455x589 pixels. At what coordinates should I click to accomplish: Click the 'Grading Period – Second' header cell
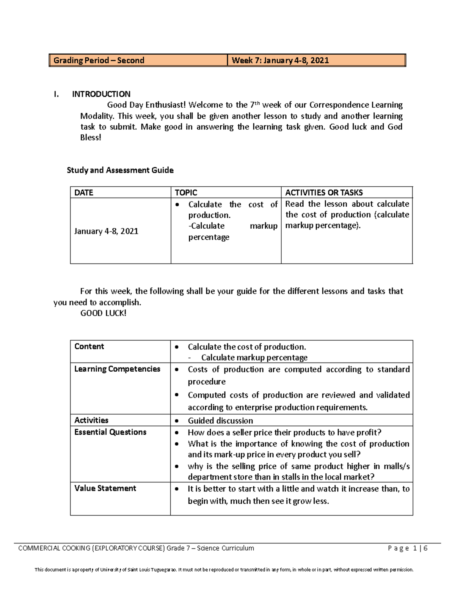pyautogui.click(x=99, y=60)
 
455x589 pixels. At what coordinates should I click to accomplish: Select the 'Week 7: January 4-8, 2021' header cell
pyautogui.click(x=280, y=60)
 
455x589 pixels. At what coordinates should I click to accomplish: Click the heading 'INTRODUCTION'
pyautogui.click(x=101, y=94)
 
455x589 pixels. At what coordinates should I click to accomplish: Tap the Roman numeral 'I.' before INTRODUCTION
pyautogui.click(x=56, y=94)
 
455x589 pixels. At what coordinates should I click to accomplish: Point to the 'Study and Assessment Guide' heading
pyautogui.click(x=120, y=170)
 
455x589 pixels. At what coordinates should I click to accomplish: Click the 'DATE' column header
pyautogui.click(x=84, y=193)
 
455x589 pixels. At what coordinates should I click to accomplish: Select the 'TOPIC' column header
pyautogui.click(x=186, y=193)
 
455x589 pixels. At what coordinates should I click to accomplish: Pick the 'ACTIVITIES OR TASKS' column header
pyautogui.click(x=324, y=193)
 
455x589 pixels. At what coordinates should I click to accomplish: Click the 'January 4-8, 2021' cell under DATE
pyautogui.click(x=106, y=231)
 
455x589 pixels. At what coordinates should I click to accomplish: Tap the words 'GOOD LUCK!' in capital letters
pyautogui.click(x=103, y=313)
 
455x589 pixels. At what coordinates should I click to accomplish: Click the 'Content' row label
pyautogui.click(x=89, y=346)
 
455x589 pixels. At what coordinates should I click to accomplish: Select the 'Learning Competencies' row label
pyautogui.click(x=117, y=369)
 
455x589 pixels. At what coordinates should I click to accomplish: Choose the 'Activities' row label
pyautogui.click(x=91, y=420)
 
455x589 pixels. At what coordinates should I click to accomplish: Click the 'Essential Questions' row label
pyautogui.click(x=110, y=432)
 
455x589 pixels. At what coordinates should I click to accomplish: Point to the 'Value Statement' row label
pyautogui.click(x=105, y=488)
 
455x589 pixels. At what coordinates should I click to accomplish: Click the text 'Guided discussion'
pyautogui.click(x=220, y=421)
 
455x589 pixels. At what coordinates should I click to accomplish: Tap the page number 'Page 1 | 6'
pyautogui.click(x=408, y=548)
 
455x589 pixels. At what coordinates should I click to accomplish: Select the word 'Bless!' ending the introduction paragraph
pyautogui.click(x=91, y=138)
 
